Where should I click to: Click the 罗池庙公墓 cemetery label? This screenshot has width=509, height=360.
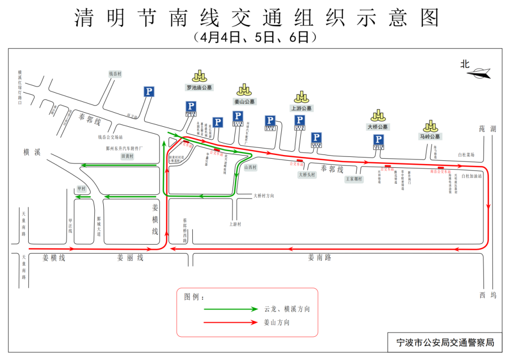(x=199, y=88)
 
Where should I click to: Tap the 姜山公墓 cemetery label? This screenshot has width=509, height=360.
(x=244, y=101)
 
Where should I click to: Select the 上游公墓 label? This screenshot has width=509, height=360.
(x=301, y=108)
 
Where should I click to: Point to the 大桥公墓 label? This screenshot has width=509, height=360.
(x=378, y=127)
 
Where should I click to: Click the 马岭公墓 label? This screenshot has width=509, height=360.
(x=430, y=137)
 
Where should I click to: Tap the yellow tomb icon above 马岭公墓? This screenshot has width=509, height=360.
(x=430, y=126)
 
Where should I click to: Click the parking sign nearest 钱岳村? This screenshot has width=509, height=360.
(x=149, y=91)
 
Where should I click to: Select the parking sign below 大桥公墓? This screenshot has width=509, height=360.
(x=378, y=139)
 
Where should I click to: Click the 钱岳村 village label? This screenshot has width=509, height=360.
(x=115, y=74)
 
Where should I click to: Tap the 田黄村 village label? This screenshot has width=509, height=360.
(x=128, y=156)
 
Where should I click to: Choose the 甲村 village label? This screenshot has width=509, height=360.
(x=82, y=188)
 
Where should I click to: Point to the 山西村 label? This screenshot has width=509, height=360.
(x=250, y=167)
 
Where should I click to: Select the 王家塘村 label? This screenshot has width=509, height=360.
(x=354, y=179)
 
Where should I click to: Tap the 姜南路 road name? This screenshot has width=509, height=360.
(x=320, y=257)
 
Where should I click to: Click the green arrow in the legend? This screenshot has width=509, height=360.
(x=230, y=309)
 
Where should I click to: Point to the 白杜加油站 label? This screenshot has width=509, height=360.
(x=472, y=176)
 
